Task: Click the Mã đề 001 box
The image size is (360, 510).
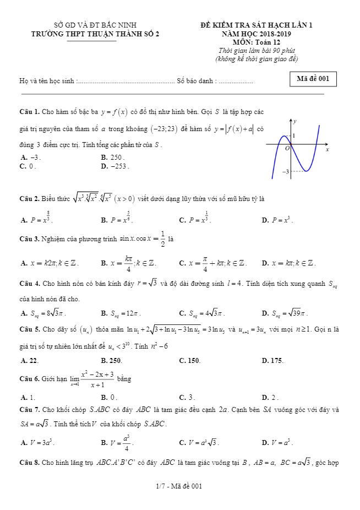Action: click(x=313, y=79)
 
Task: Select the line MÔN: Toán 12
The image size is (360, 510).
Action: click(x=256, y=42)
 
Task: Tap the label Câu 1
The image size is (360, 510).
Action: click(x=29, y=112)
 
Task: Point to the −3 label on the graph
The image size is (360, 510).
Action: click(x=286, y=172)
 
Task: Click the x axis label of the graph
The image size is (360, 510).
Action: click(x=327, y=149)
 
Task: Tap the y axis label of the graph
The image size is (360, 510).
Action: click(x=295, y=121)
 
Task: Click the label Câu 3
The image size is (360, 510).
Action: click(x=29, y=239)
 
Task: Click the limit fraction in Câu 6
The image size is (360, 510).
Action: click(x=97, y=379)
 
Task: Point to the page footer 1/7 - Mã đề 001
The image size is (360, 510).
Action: click(x=179, y=486)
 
